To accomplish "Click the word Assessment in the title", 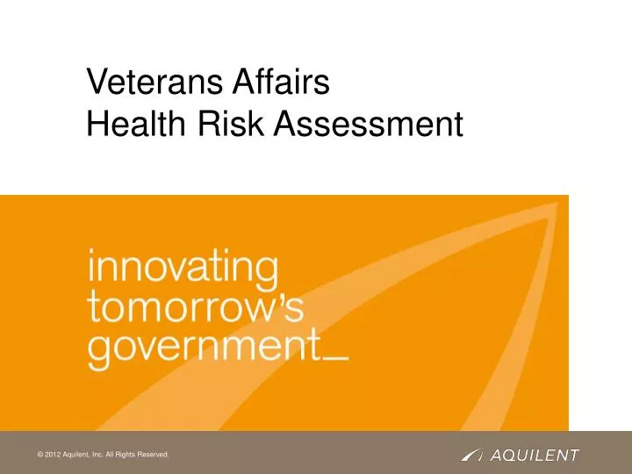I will click(x=368, y=126).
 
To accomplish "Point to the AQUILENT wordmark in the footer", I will click(x=535, y=455).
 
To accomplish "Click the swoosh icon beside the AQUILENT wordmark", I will click(x=471, y=455).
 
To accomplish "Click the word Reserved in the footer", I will click(x=150, y=455).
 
